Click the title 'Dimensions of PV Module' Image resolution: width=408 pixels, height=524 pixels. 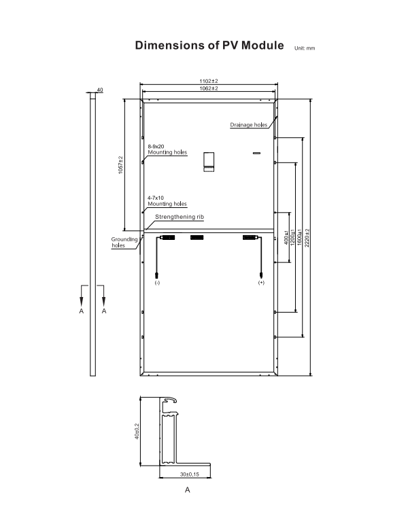(209, 46)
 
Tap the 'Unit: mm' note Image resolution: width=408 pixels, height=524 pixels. (305, 49)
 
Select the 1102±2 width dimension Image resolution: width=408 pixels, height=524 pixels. (208, 82)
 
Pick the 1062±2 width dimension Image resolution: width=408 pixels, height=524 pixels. (208, 89)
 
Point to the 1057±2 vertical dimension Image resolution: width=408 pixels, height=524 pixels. (120, 164)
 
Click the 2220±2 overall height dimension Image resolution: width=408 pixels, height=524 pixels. (307, 237)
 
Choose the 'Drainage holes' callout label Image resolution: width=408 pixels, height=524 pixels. (248, 126)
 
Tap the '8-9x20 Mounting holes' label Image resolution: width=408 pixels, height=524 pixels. (167, 150)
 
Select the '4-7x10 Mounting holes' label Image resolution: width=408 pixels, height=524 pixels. (167, 200)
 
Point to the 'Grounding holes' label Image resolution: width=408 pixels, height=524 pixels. (124, 243)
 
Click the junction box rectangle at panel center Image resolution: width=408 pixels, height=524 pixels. (209, 161)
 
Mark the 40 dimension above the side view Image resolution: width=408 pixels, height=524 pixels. (100, 90)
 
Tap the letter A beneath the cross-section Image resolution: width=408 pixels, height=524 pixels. (187, 490)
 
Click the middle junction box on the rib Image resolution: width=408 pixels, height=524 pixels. (197, 237)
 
